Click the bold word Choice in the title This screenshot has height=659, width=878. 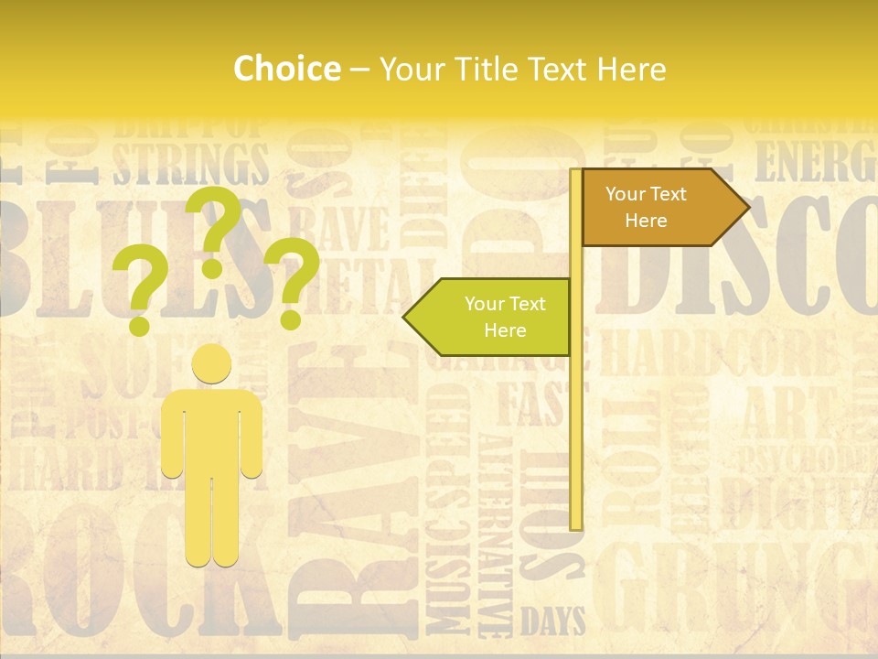(x=286, y=70)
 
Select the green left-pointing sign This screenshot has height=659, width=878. (x=490, y=317)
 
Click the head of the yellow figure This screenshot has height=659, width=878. (x=211, y=363)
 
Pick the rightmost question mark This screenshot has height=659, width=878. (x=293, y=282)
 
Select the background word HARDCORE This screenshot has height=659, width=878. (x=718, y=353)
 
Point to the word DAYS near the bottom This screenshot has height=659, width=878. (x=552, y=621)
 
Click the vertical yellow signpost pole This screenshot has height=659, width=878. (x=576, y=412)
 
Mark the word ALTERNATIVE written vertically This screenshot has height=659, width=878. (x=495, y=535)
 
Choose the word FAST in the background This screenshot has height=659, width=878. (x=530, y=403)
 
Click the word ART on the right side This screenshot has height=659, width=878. (x=787, y=412)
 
